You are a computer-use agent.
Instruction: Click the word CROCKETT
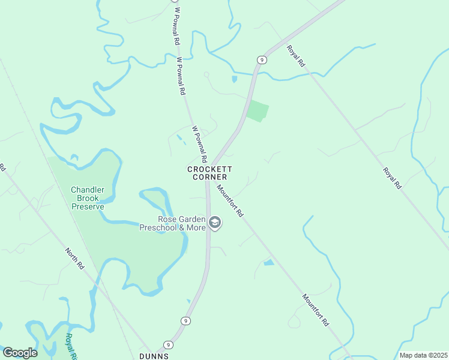(x=209, y=170)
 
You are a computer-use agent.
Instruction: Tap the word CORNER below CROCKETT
(x=209, y=178)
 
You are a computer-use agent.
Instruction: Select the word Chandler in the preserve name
(x=88, y=190)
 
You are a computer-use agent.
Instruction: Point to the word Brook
(x=88, y=199)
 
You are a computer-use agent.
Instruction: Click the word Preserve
(x=88, y=207)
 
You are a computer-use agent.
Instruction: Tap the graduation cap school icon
(x=215, y=224)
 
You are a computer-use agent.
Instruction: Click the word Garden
(x=191, y=220)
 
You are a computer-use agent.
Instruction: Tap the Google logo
(x=20, y=353)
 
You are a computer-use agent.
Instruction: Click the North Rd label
(x=75, y=256)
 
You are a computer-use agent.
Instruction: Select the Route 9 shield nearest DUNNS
(x=169, y=344)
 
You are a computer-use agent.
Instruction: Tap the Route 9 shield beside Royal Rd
(x=261, y=59)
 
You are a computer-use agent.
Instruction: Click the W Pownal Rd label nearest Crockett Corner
(x=199, y=144)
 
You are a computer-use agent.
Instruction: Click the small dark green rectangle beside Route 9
(x=258, y=111)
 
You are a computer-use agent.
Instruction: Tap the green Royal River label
(x=72, y=346)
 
